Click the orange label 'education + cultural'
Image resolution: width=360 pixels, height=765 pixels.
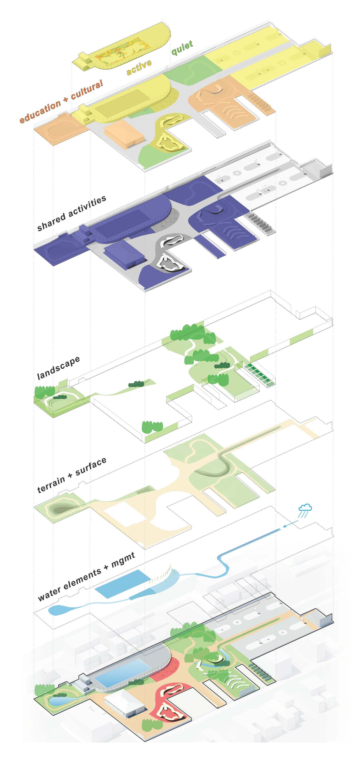point(61,101)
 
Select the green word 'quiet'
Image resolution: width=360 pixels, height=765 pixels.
point(182,47)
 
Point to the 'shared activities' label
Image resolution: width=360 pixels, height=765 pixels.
point(71,213)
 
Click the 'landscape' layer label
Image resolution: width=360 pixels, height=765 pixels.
point(58,368)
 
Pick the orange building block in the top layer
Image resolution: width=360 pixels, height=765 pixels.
point(124,135)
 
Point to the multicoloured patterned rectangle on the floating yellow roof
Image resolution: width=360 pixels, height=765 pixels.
point(122,55)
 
